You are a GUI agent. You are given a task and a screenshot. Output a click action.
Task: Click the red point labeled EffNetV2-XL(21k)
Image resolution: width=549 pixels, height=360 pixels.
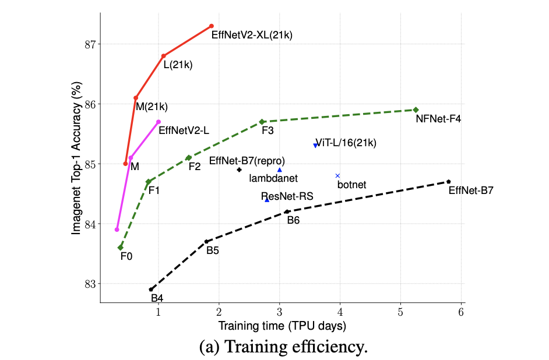click(212, 26)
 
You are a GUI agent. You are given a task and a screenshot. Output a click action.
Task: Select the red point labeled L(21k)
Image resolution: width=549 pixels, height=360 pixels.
click(163, 56)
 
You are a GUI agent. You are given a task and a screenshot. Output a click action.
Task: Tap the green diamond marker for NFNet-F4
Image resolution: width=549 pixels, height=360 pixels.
click(416, 110)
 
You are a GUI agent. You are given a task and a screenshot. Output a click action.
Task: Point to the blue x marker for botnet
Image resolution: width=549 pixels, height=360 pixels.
click(337, 175)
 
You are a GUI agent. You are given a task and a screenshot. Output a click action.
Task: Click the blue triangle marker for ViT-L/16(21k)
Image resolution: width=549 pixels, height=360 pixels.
click(315, 146)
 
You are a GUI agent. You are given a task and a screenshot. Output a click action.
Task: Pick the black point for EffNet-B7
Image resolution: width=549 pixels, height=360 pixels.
click(448, 182)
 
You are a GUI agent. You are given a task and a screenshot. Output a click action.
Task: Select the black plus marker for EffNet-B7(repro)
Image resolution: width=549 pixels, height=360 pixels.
click(240, 170)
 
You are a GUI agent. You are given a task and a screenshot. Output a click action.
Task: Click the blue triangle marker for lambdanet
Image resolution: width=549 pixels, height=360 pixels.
click(280, 170)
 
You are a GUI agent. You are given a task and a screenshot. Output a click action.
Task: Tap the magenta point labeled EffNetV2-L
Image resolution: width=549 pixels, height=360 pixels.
click(159, 122)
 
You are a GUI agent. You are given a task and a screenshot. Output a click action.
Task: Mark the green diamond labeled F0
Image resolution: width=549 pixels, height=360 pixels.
click(121, 248)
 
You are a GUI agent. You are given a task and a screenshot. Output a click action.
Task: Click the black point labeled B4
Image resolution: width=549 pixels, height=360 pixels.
click(151, 289)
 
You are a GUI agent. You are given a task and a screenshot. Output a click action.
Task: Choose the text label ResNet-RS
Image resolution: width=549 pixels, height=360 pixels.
click(287, 196)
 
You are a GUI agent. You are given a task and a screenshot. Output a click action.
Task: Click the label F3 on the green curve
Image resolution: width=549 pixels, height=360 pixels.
click(268, 131)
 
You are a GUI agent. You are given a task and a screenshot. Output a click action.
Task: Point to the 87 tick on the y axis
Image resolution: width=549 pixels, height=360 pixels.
click(92, 44)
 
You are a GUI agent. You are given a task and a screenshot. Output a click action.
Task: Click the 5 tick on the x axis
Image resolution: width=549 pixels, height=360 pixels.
click(400, 311)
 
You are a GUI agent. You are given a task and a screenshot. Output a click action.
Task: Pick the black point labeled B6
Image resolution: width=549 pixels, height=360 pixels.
click(287, 211)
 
